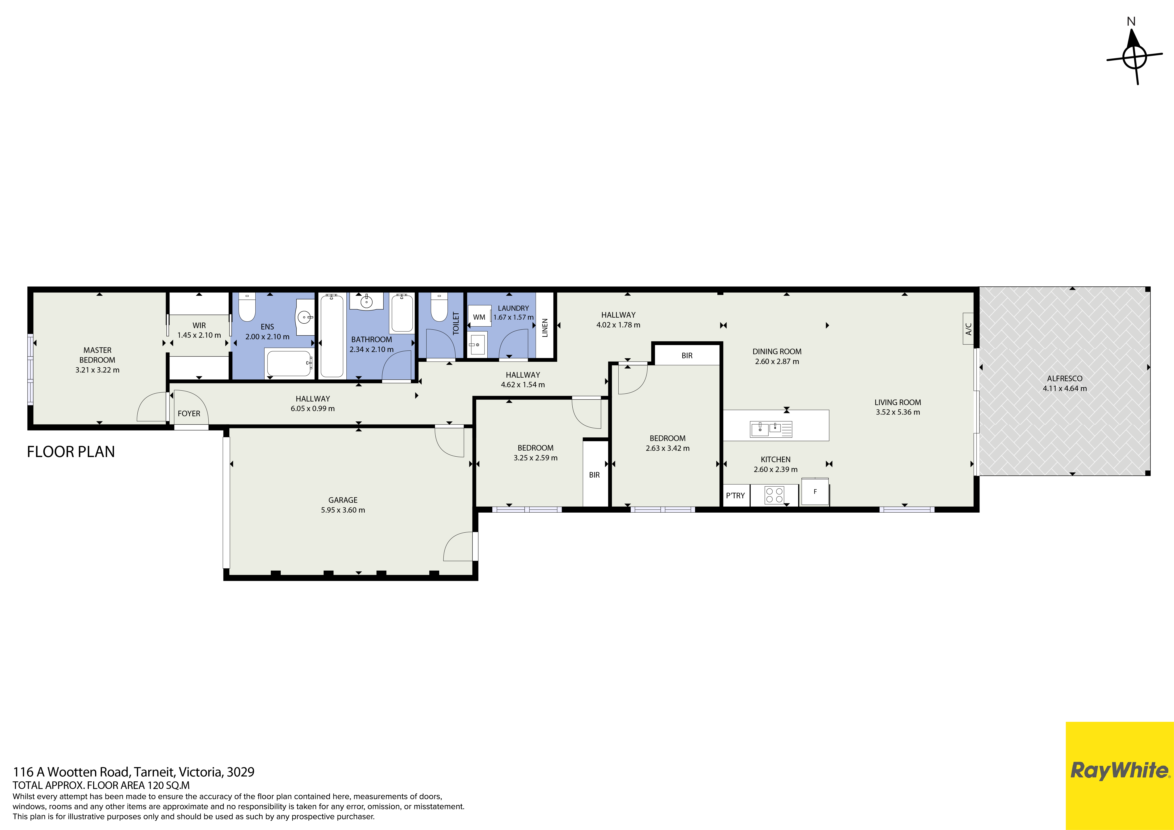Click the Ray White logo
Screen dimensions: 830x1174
tap(1119, 770)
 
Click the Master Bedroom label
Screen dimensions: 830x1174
tap(97, 355)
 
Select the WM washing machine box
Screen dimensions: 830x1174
tap(479, 317)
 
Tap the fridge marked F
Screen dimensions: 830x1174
tap(815, 491)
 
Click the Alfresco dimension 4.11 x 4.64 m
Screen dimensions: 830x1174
tap(1064, 388)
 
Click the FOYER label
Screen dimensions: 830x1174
tap(189, 413)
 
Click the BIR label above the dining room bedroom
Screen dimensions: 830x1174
tap(687, 355)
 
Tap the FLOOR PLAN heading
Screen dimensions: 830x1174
tap(70, 451)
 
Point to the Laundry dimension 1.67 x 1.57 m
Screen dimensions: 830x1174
tap(513, 317)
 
